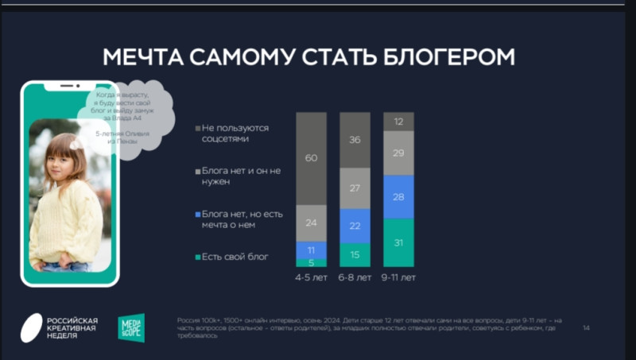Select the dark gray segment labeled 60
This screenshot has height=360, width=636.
click(311, 158)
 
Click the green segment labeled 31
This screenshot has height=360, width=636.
click(398, 242)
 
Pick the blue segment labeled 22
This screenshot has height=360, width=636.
click(355, 226)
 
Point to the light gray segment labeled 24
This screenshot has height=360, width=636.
click(311, 223)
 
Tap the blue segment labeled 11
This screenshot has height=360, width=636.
click(311, 250)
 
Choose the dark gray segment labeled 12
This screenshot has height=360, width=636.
click(398, 122)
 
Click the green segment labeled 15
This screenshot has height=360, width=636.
click(355, 254)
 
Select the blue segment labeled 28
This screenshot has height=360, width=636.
click(398, 196)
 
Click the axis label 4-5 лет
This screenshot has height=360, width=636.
click(311, 277)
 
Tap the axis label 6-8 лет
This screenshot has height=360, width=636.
click(355, 277)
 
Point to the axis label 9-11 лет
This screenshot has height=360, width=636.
click(398, 277)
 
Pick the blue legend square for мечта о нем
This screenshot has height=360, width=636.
click(197, 215)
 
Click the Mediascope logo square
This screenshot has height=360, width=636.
click(131, 327)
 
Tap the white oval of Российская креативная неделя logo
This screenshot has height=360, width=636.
click(32, 327)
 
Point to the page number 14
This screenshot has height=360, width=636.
click(586, 327)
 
